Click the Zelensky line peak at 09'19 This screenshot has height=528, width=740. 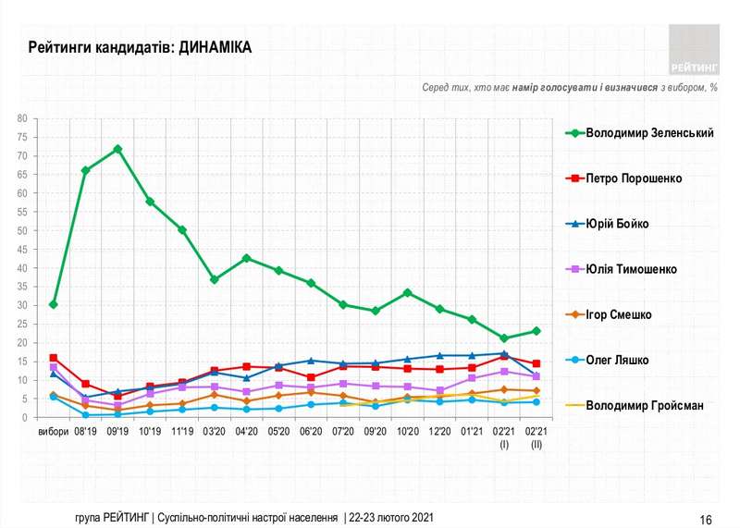117,149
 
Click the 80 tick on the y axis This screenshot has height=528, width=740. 20,118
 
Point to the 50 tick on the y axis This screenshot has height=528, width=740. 20,231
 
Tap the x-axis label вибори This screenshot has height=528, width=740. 53,432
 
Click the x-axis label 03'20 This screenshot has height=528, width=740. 214,432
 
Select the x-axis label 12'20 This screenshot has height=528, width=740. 439,432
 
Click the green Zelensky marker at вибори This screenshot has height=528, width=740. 54,304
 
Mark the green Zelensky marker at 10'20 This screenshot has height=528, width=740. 407,292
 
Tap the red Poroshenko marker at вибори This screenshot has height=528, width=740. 54,358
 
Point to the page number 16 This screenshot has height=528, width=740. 706,519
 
